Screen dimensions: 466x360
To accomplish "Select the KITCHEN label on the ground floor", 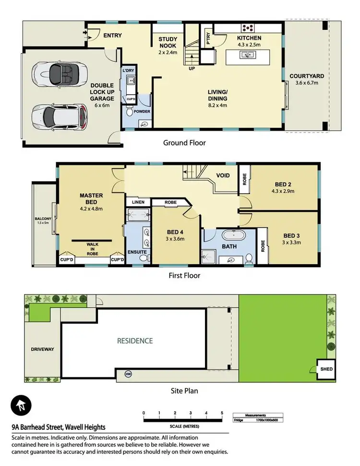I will (x=249, y=38).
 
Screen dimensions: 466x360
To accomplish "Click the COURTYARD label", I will (x=307, y=76).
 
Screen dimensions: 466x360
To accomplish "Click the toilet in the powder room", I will (x=129, y=112).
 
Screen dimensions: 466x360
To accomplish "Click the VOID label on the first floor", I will (x=223, y=176).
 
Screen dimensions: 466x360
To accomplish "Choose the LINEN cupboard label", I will (x=138, y=202).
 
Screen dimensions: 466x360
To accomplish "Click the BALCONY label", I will (x=42, y=220).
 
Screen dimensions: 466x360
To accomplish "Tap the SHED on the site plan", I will (x=326, y=369).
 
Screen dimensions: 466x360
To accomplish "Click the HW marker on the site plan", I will (x=128, y=374).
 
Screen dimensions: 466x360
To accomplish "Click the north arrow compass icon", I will (x=22, y=406).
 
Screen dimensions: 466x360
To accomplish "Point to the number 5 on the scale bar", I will (x=222, y=413).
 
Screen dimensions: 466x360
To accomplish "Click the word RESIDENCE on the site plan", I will (x=135, y=341).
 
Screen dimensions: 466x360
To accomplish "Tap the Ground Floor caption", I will (x=184, y=143).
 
